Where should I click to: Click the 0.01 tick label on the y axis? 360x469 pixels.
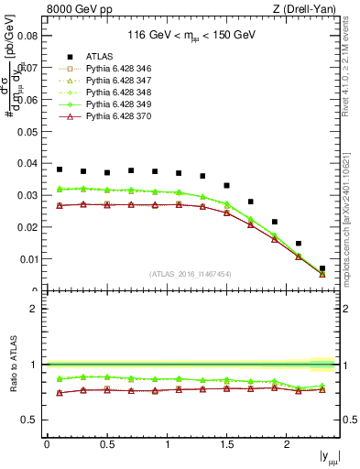pyautogui.click(x=27, y=259)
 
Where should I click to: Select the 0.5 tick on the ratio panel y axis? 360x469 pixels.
pyautogui.click(x=32, y=420)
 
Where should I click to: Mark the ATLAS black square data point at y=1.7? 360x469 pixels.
pyautogui.click(x=251, y=202)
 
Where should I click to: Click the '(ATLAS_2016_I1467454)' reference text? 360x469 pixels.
pyautogui.click(x=191, y=274)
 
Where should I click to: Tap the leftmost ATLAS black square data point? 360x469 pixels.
pyautogui.click(x=60, y=169)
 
